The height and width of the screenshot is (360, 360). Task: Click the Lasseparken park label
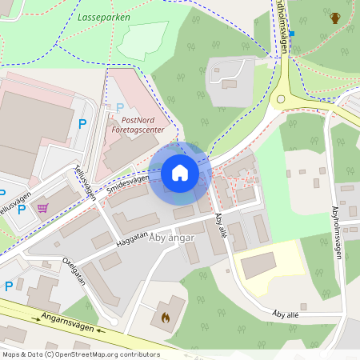pos(104,16)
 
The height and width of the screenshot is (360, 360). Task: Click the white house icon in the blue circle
pos(180,173)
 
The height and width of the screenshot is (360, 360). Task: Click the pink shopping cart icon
pos(42,208)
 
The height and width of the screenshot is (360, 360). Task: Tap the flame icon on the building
pos(166,317)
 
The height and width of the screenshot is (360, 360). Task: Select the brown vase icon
pos(334,18)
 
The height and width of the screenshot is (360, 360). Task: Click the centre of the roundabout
pos(282,99)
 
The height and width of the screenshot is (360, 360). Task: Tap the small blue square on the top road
pos(292,34)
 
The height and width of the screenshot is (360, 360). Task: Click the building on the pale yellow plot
pos(258,265)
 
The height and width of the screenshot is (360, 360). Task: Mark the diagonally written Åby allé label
pos(221,226)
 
